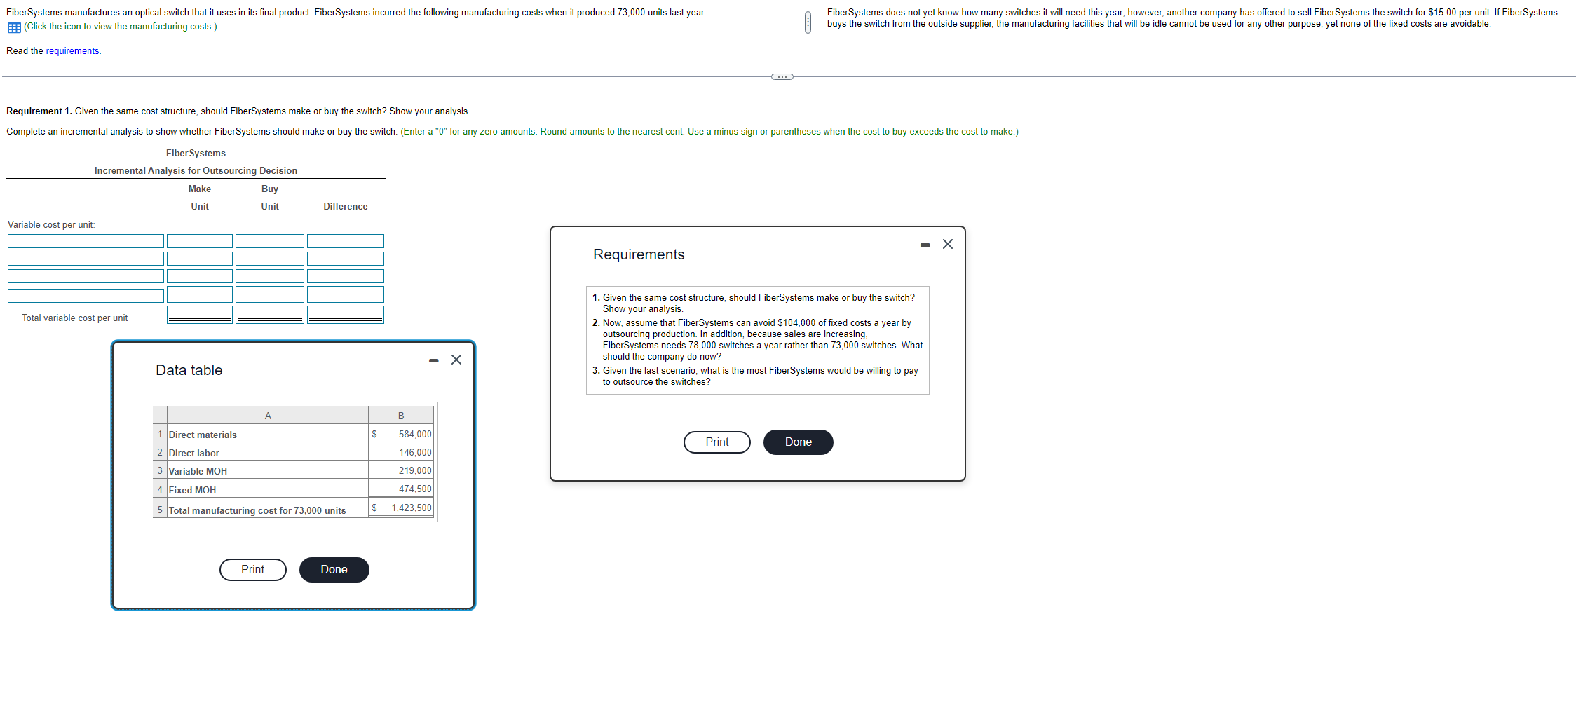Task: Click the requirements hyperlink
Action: tap(72, 51)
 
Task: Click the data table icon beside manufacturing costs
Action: tap(14, 27)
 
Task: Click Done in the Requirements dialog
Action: tap(798, 442)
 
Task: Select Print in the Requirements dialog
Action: tap(716, 442)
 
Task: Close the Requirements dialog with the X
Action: tap(948, 244)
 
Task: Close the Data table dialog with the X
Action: tap(456, 360)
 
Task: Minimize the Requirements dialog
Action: tap(925, 245)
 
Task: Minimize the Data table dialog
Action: tap(434, 360)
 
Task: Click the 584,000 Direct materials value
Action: tap(414, 435)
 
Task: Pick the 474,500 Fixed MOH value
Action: tap(414, 489)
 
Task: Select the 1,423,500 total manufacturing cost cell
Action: tap(411, 508)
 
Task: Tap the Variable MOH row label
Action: tap(198, 471)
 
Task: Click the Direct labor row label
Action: tap(193, 453)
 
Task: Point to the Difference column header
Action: tap(345, 206)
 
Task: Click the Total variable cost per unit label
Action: tap(74, 318)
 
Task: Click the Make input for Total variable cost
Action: tap(200, 314)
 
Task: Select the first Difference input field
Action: tap(345, 241)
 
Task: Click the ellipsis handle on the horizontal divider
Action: tap(782, 76)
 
